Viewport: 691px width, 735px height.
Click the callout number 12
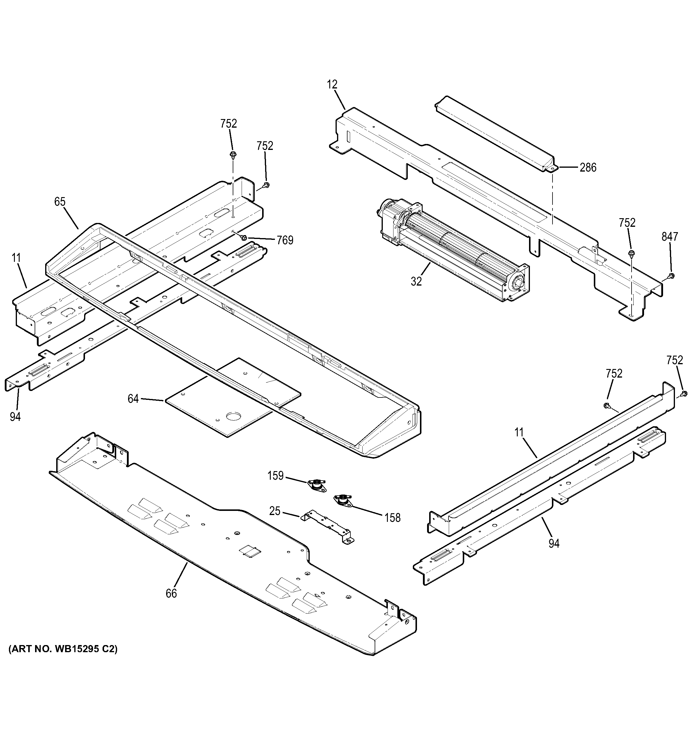tap(332, 85)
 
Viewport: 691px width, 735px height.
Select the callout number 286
tap(588, 168)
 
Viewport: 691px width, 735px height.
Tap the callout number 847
tap(670, 237)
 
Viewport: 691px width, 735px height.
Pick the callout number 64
tap(133, 399)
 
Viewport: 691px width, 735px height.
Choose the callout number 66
tap(171, 604)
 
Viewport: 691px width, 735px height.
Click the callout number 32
tap(416, 281)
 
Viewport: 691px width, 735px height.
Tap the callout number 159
tap(276, 476)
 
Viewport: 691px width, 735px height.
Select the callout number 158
tap(392, 518)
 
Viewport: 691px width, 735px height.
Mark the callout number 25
tap(275, 511)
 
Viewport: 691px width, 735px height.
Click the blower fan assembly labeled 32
tap(451, 250)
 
